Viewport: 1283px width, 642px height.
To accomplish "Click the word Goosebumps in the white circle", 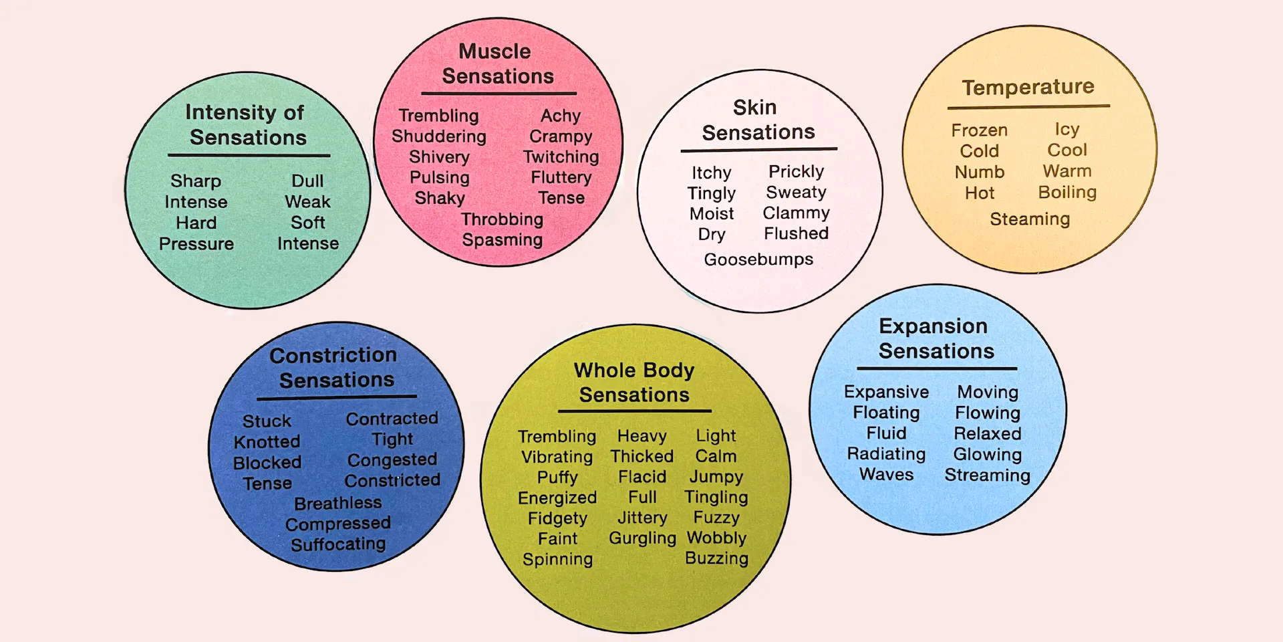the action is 758,259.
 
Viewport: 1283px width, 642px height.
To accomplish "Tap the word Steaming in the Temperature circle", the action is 1030,219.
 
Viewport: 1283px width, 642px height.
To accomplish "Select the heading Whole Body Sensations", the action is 634,383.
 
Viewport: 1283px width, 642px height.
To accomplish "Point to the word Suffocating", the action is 338,544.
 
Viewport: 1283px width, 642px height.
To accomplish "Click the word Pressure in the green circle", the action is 196,244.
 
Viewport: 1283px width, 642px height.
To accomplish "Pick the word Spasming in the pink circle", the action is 503,240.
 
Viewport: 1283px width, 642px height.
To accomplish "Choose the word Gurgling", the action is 643,538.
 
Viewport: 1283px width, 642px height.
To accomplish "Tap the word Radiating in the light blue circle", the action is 886,454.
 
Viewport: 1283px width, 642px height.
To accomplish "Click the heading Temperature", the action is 1028,87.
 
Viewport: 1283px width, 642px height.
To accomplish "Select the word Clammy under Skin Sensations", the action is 797,213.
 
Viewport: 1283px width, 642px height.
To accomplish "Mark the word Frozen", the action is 980,130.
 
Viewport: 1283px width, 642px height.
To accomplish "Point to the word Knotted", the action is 267,442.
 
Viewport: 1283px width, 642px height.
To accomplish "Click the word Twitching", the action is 561,157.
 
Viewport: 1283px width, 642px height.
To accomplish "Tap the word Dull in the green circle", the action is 307,181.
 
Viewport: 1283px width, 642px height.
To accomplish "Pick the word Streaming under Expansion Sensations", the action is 988,475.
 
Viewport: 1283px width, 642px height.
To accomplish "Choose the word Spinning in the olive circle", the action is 557,560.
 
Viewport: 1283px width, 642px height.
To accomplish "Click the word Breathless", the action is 338,503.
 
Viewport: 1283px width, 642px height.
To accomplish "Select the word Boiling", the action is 1067,193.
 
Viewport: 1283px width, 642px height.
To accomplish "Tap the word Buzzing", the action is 716,559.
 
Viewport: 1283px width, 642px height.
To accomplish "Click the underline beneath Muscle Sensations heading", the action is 498,94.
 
